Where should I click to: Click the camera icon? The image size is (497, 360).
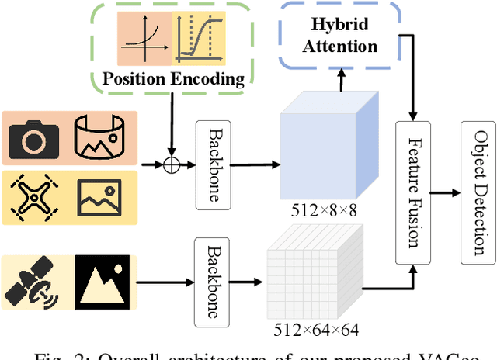33,139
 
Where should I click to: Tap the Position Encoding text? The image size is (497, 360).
174,78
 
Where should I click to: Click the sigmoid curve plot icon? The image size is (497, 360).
200,36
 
